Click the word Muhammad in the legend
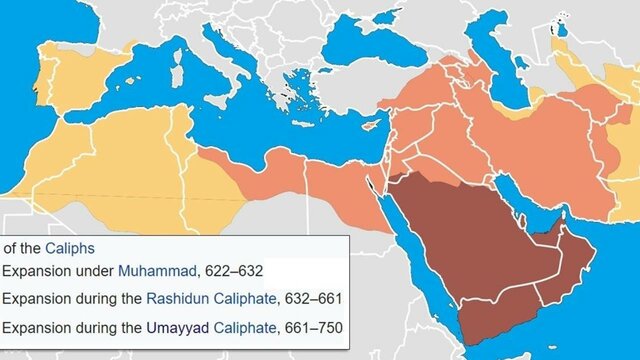[153, 271]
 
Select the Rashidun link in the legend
[179, 298]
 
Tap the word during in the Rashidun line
[103, 298]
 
